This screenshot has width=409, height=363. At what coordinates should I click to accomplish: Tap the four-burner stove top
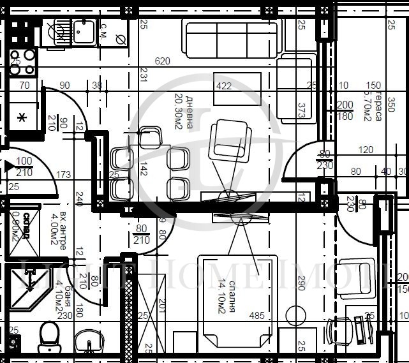click(22, 63)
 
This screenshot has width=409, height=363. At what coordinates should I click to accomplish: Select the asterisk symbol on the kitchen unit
click(21, 117)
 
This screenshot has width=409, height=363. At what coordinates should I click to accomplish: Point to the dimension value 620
click(163, 61)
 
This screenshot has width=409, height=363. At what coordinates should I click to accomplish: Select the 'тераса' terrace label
click(377, 108)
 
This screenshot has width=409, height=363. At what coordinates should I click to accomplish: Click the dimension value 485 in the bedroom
click(257, 315)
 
